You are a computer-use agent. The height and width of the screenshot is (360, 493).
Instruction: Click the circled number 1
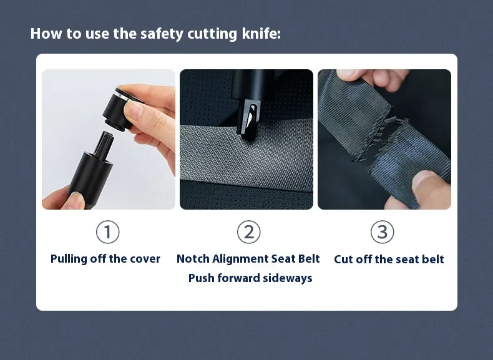point(107,232)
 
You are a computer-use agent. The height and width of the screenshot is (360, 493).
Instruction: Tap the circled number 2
point(249,232)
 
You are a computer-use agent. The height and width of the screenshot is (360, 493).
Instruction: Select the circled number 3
point(382,232)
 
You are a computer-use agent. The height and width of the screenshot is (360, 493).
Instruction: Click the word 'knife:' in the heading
point(261,33)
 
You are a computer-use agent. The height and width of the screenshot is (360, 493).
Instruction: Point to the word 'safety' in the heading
point(162,34)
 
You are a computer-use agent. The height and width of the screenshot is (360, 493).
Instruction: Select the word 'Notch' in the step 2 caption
point(193,259)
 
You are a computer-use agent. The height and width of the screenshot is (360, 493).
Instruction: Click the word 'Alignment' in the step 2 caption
point(240,259)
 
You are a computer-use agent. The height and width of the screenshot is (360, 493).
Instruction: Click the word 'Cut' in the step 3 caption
point(343,260)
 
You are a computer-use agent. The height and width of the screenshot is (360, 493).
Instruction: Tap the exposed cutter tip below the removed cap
point(105,144)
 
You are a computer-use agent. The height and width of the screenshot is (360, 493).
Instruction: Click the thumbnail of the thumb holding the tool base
point(76,200)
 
